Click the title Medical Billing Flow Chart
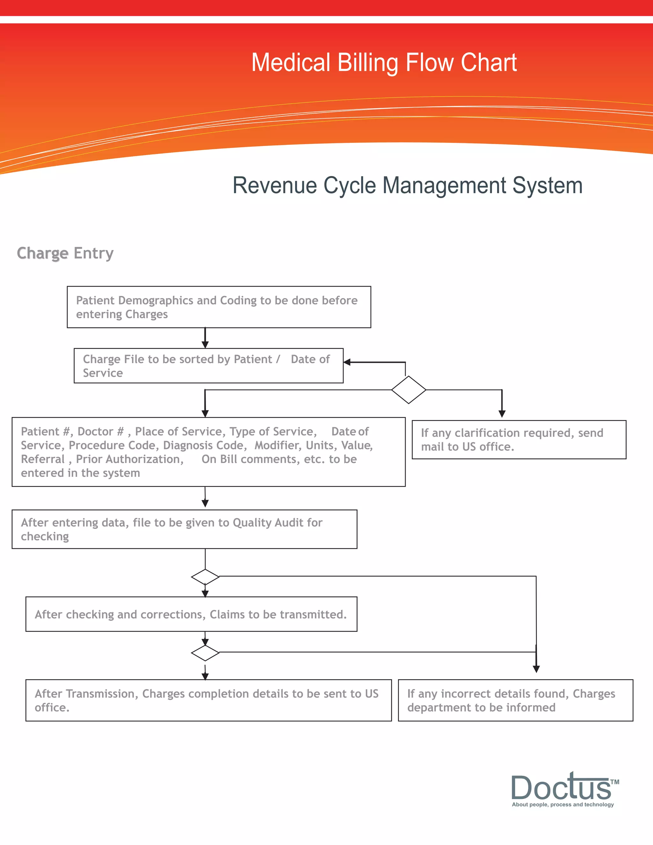pos(384,63)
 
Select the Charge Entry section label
pos(65,253)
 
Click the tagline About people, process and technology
pos(562,805)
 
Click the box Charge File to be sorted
pos(208,366)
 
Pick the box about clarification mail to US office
pos(518,439)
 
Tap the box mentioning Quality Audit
pos(184,529)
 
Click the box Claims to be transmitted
pos(191,614)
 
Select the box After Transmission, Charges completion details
pos(208,700)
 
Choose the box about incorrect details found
pos(515,700)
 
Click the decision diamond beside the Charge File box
pos(408,390)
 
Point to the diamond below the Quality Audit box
pos(205,577)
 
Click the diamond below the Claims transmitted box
pos(205,653)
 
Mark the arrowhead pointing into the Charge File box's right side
pos(347,362)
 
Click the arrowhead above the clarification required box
pos(502,414)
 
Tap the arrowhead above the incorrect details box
pos(536,669)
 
